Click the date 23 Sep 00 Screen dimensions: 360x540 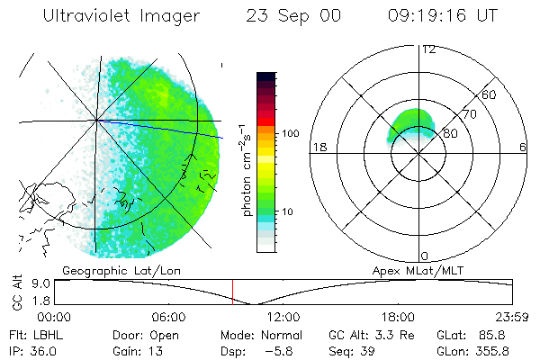pos(293,17)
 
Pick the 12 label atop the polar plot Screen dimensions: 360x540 pos(428,49)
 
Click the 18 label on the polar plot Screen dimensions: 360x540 pos(318,147)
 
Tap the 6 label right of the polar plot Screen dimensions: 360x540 pos(523,147)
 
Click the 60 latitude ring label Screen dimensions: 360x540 pos(490,94)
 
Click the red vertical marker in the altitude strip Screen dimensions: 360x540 pos(233,292)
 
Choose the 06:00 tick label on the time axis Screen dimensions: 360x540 pos(168,318)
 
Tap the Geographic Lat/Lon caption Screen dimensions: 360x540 pos(109,270)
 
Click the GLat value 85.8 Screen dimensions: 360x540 pos(498,334)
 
